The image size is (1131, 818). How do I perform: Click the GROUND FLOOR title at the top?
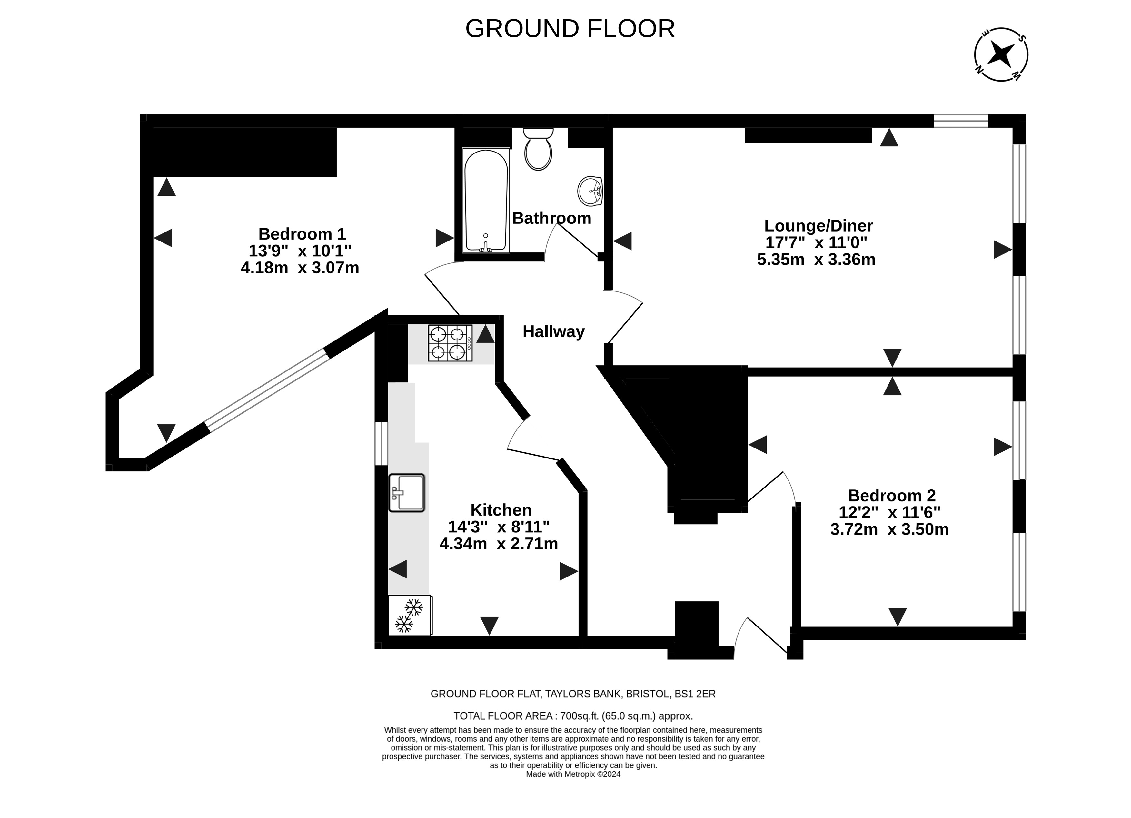click(x=570, y=29)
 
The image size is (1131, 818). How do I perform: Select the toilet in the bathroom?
click(x=538, y=149)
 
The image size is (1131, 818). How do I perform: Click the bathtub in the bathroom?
click(x=486, y=200)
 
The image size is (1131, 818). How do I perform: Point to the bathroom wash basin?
click(x=590, y=191)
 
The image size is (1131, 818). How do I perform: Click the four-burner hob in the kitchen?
click(x=450, y=343)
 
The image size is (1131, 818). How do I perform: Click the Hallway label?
click(x=553, y=331)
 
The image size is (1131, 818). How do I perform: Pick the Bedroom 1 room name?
click(x=302, y=234)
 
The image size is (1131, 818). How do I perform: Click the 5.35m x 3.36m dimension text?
click(x=816, y=260)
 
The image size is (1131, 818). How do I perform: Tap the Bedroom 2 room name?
click(x=892, y=496)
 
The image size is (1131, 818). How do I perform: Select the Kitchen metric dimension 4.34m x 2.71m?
click(x=499, y=543)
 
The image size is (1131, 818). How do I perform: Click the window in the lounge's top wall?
click(x=961, y=121)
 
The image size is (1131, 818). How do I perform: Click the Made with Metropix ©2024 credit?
click(x=573, y=774)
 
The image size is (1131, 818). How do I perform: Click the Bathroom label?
click(x=551, y=218)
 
